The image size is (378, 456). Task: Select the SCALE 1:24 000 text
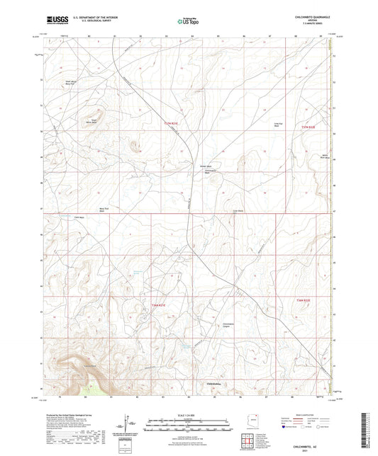189,415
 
